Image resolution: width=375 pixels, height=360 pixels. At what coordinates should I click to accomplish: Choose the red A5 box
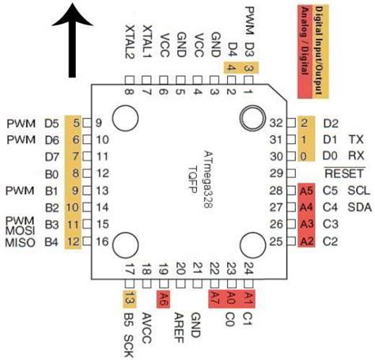pos(307,191)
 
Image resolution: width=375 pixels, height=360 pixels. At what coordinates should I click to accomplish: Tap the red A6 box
pos(164,298)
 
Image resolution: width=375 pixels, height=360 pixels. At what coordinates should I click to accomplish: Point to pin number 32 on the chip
pos(276,123)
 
